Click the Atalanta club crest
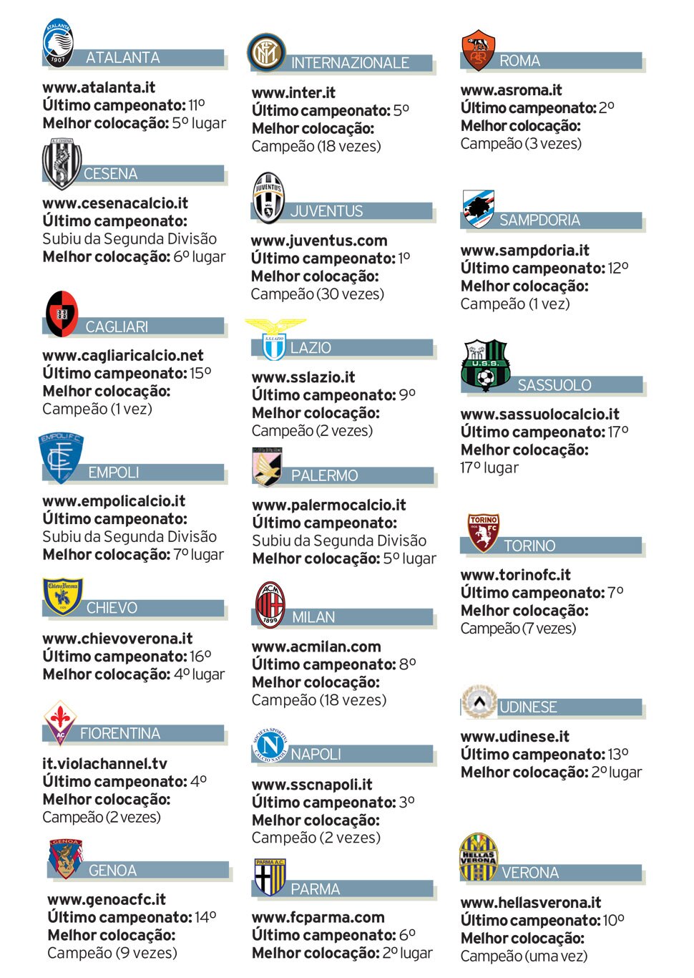[x=59, y=42]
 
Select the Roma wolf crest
[x=479, y=50]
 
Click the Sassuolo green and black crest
[x=486, y=365]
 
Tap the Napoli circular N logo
[x=270, y=745]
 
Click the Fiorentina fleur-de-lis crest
[x=61, y=722]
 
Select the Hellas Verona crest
[x=478, y=858]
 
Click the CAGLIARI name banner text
[x=117, y=327]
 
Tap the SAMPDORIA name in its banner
[x=539, y=221]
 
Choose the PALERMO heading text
[x=324, y=476]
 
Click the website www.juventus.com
[x=319, y=241]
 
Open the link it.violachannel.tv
[x=104, y=764]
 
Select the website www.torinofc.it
[x=515, y=575]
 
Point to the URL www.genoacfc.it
[x=107, y=900]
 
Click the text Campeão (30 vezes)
[x=318, y=294]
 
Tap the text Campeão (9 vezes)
[x=112, y=953]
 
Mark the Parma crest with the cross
[x=270, y=878]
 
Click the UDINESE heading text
[x=528, y=707]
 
